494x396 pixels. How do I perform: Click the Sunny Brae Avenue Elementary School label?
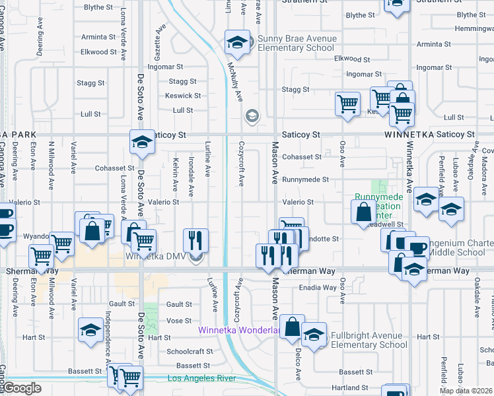(x=297, y=44)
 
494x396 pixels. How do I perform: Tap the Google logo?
(x=23, y=388)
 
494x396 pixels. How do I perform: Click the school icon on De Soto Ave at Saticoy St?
(x=141, y=142)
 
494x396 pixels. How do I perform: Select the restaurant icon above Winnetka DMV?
(x=195, y=241)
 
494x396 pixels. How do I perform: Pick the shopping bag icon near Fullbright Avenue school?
(x=292, y=327)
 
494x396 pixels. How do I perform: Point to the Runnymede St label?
(x=305, y=180)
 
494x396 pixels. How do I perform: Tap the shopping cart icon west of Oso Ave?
(x=347, y=104)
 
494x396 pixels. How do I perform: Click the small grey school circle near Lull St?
(x=252, y=117)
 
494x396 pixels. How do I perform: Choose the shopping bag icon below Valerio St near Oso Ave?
(x=363, y=213)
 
